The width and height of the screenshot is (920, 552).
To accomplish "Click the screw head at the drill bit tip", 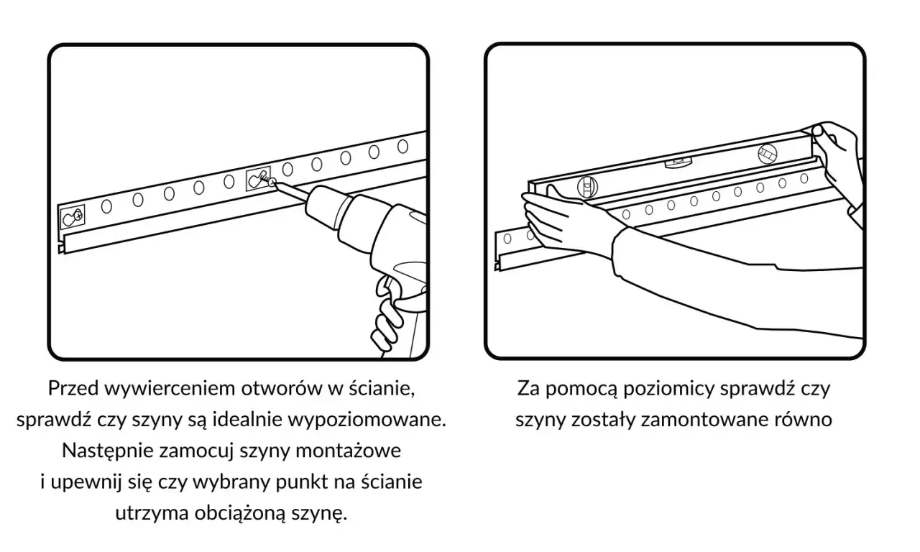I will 271,184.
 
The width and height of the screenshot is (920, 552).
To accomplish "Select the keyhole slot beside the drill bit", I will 257,180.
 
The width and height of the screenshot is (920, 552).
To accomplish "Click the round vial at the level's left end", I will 586,187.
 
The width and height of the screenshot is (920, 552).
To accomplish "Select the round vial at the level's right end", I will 767,153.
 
